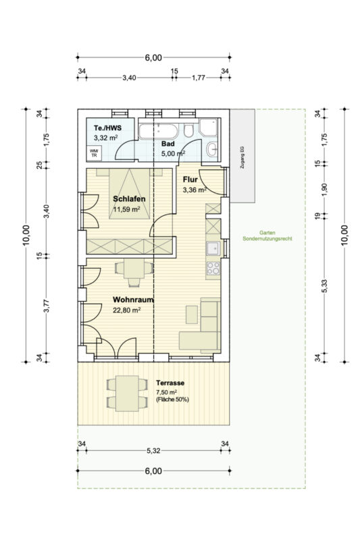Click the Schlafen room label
(129, 198)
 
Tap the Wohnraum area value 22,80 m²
(126, 310)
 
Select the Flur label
(190, 180)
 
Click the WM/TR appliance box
(94, 153)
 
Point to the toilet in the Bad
(188, 130)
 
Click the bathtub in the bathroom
(159, 131)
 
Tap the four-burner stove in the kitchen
(213, 268)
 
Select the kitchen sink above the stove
(213, 248)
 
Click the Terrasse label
(170, 383)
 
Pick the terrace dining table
(127, 394)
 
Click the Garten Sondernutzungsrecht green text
(267, 236)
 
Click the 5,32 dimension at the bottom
(153, 450)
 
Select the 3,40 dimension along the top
(129, 78)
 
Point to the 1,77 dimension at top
(199, 78)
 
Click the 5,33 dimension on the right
(324, 286)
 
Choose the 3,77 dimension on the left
(47, 306)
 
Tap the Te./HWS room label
(108, 128)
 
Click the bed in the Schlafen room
(130, 194)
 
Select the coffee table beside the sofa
(192, 315)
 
